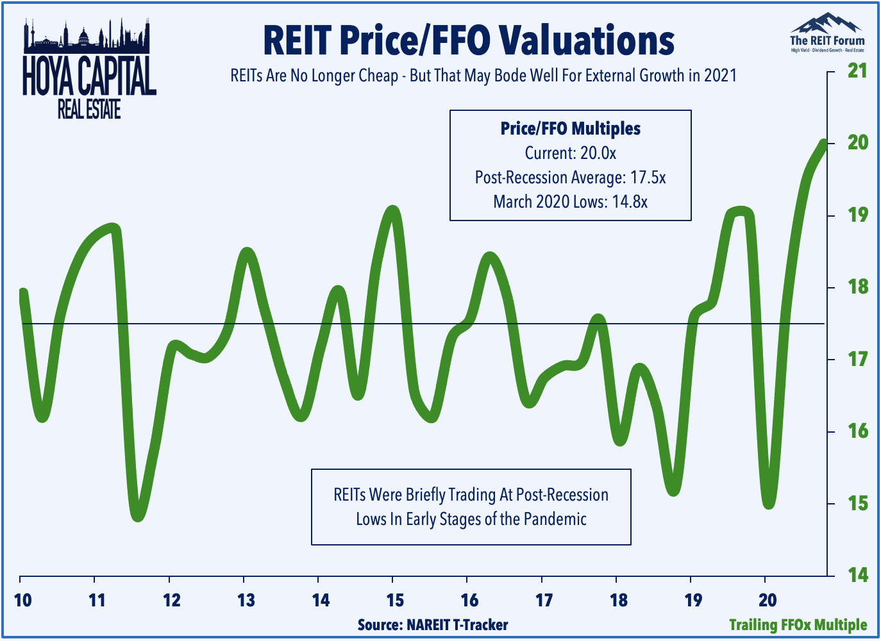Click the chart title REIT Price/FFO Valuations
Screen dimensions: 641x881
point(468,40)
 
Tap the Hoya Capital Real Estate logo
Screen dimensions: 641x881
point(89,71)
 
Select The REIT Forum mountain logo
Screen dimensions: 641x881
point(826,32)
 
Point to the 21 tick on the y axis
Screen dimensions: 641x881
point(857,71)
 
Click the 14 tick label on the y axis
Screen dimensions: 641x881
point(857,575)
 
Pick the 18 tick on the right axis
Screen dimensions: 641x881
point(857,287)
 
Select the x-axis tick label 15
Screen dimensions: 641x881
point(395,600)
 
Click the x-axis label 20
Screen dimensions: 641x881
point(768,600)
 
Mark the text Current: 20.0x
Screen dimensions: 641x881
point(570,153)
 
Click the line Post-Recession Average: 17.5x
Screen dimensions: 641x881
point(570,178)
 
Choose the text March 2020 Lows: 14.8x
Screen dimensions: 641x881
point(570,202)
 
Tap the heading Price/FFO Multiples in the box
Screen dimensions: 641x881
point(570,129)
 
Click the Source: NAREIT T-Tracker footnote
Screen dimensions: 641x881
point(433,624)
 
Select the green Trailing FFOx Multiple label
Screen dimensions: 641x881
point(798,624)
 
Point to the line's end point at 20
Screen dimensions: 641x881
point(823,143)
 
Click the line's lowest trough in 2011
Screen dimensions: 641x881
point(138,515)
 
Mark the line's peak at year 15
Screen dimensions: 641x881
point(392,211)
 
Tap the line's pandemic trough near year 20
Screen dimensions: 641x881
point(769,503)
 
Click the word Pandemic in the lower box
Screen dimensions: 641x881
point(555,519)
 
